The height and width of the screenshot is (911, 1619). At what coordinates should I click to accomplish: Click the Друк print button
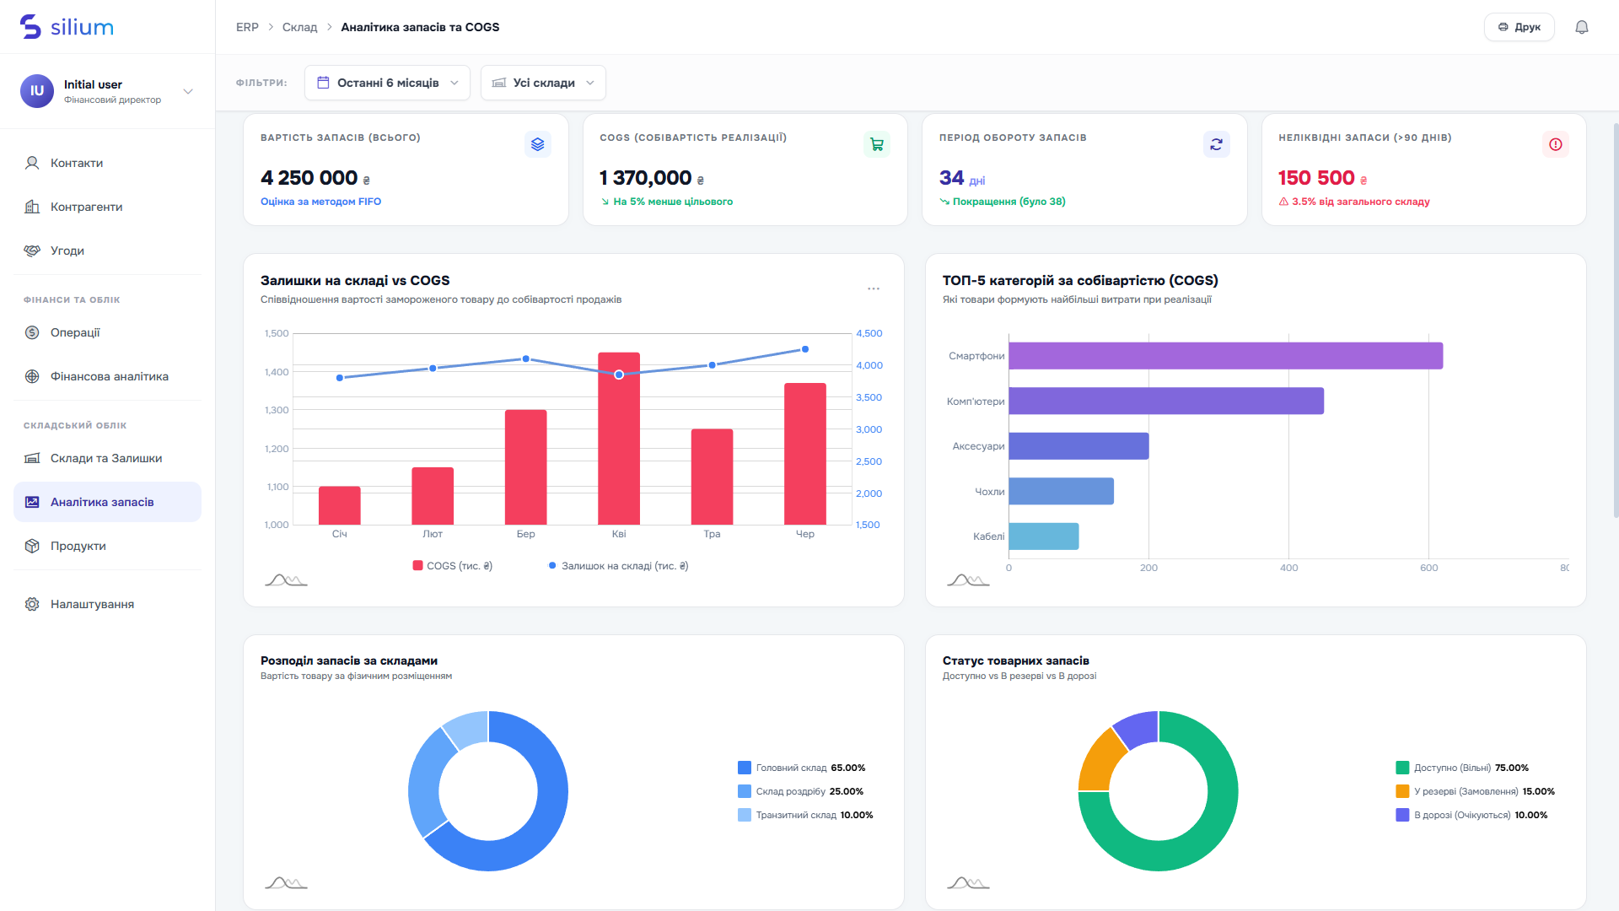(1519, 27)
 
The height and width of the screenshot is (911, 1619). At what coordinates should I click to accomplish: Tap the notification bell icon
(1582, 27)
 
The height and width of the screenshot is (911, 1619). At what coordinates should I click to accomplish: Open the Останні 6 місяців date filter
(387, 83)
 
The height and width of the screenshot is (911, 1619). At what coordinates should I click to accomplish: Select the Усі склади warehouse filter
(543, 83)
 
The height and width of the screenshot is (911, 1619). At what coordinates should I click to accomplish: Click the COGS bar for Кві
(619, 439)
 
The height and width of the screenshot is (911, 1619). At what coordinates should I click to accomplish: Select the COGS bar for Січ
(340, 505)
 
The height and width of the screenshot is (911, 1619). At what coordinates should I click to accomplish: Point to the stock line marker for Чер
(805, 349)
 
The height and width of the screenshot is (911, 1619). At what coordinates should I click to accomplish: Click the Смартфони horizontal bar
(1225, 356)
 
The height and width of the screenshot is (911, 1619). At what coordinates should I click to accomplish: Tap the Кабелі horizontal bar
(1043, 536)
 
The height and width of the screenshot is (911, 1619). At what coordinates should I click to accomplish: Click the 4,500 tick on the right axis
(869, 333)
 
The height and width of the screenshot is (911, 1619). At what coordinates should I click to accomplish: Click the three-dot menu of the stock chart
(874, 288)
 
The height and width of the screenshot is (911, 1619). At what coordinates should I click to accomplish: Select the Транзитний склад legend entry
(805, 815)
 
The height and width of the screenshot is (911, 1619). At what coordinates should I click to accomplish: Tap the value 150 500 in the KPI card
(1316, 178)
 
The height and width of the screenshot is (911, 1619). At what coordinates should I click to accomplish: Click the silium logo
(67, 27)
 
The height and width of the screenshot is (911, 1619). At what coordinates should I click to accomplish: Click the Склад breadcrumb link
(299, 27)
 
